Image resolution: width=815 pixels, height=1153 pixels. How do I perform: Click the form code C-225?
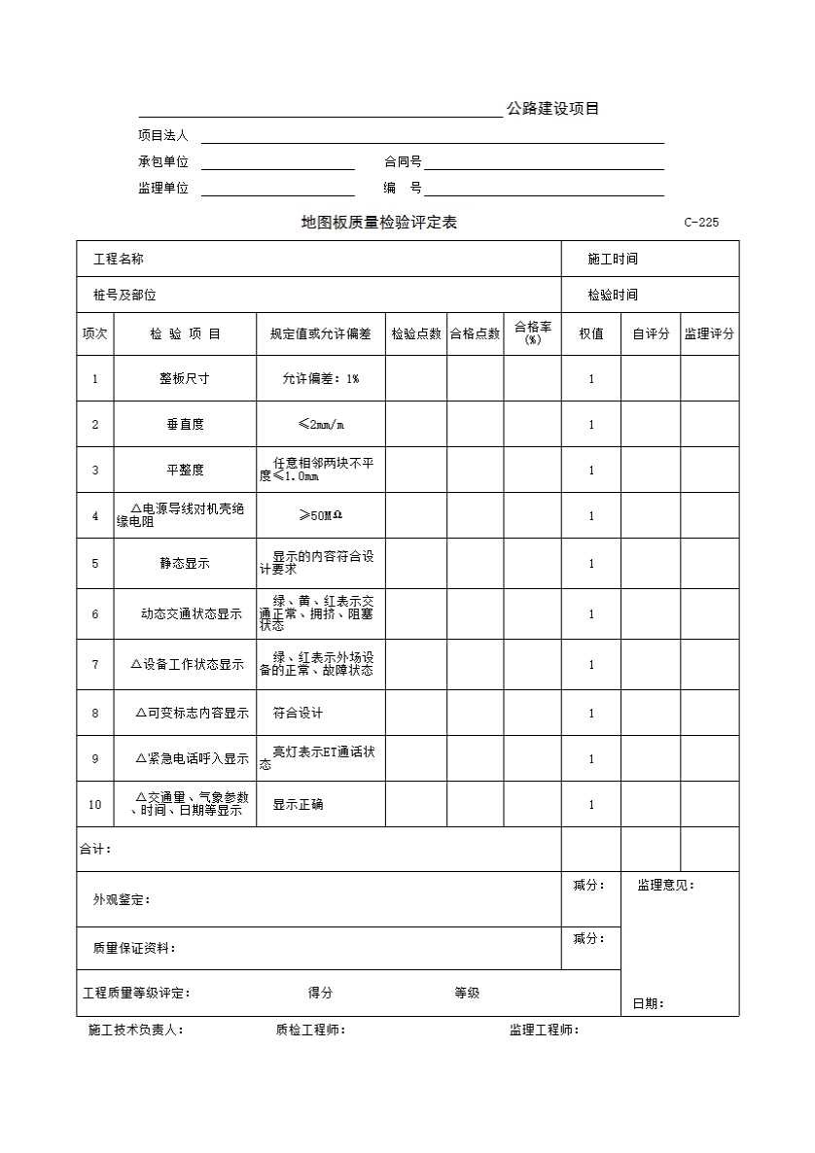701,223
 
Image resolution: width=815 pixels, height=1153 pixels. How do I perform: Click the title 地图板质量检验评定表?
379,223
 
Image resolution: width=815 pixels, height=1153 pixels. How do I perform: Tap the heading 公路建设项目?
552,109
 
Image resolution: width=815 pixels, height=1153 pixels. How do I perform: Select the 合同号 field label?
403,162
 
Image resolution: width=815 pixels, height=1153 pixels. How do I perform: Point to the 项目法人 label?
162,136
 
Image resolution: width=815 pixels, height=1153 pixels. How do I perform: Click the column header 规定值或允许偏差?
321,333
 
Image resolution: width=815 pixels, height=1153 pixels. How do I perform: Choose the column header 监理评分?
709,333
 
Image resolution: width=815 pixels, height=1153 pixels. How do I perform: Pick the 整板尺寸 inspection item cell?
185,378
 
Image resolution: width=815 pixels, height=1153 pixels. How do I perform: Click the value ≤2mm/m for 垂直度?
321,424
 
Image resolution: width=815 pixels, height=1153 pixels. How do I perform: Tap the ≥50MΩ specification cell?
321,515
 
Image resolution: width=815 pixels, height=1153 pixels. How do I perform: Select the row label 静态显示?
185,563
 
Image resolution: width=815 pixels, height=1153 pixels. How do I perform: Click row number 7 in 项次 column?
95,665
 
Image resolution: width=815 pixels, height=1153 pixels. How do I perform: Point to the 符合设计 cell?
298,714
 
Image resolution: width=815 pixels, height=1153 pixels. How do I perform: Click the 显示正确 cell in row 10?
298,805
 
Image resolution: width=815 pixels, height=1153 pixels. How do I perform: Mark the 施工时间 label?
613,259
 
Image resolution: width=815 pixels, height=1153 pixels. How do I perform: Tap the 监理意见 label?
666,886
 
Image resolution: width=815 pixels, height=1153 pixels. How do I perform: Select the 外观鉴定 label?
122,900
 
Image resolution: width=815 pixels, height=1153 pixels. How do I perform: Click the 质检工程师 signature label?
310,1031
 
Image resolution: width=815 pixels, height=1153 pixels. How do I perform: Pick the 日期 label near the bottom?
649,1004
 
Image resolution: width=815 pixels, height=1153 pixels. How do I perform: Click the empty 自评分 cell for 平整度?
650,471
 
